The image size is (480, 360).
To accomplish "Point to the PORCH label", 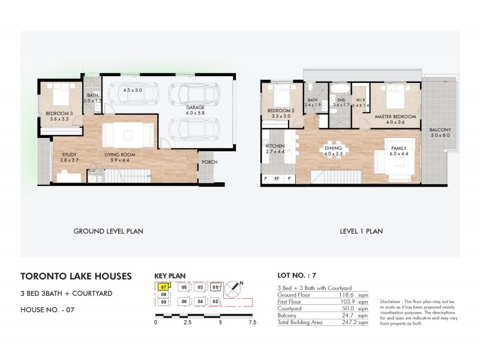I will (x=209, y=161).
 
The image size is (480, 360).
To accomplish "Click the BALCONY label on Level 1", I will (x=440, y=130).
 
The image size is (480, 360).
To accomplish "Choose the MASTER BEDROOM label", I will (x=395, y=116).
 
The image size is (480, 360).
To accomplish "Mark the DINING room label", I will (x=333, y=148).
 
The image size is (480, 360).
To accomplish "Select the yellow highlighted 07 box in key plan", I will (x=163, y=287).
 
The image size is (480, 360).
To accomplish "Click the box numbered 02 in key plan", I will (x=215, y=301).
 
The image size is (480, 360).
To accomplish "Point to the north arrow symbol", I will (x=236, y=288).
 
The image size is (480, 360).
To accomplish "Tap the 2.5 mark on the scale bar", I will (x=187, y=322).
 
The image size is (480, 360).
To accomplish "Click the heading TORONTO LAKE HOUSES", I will (x=76, y=277).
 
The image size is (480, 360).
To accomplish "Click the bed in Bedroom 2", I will (x=281, y=95).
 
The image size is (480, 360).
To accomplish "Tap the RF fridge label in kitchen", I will (x=277, y=178).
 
